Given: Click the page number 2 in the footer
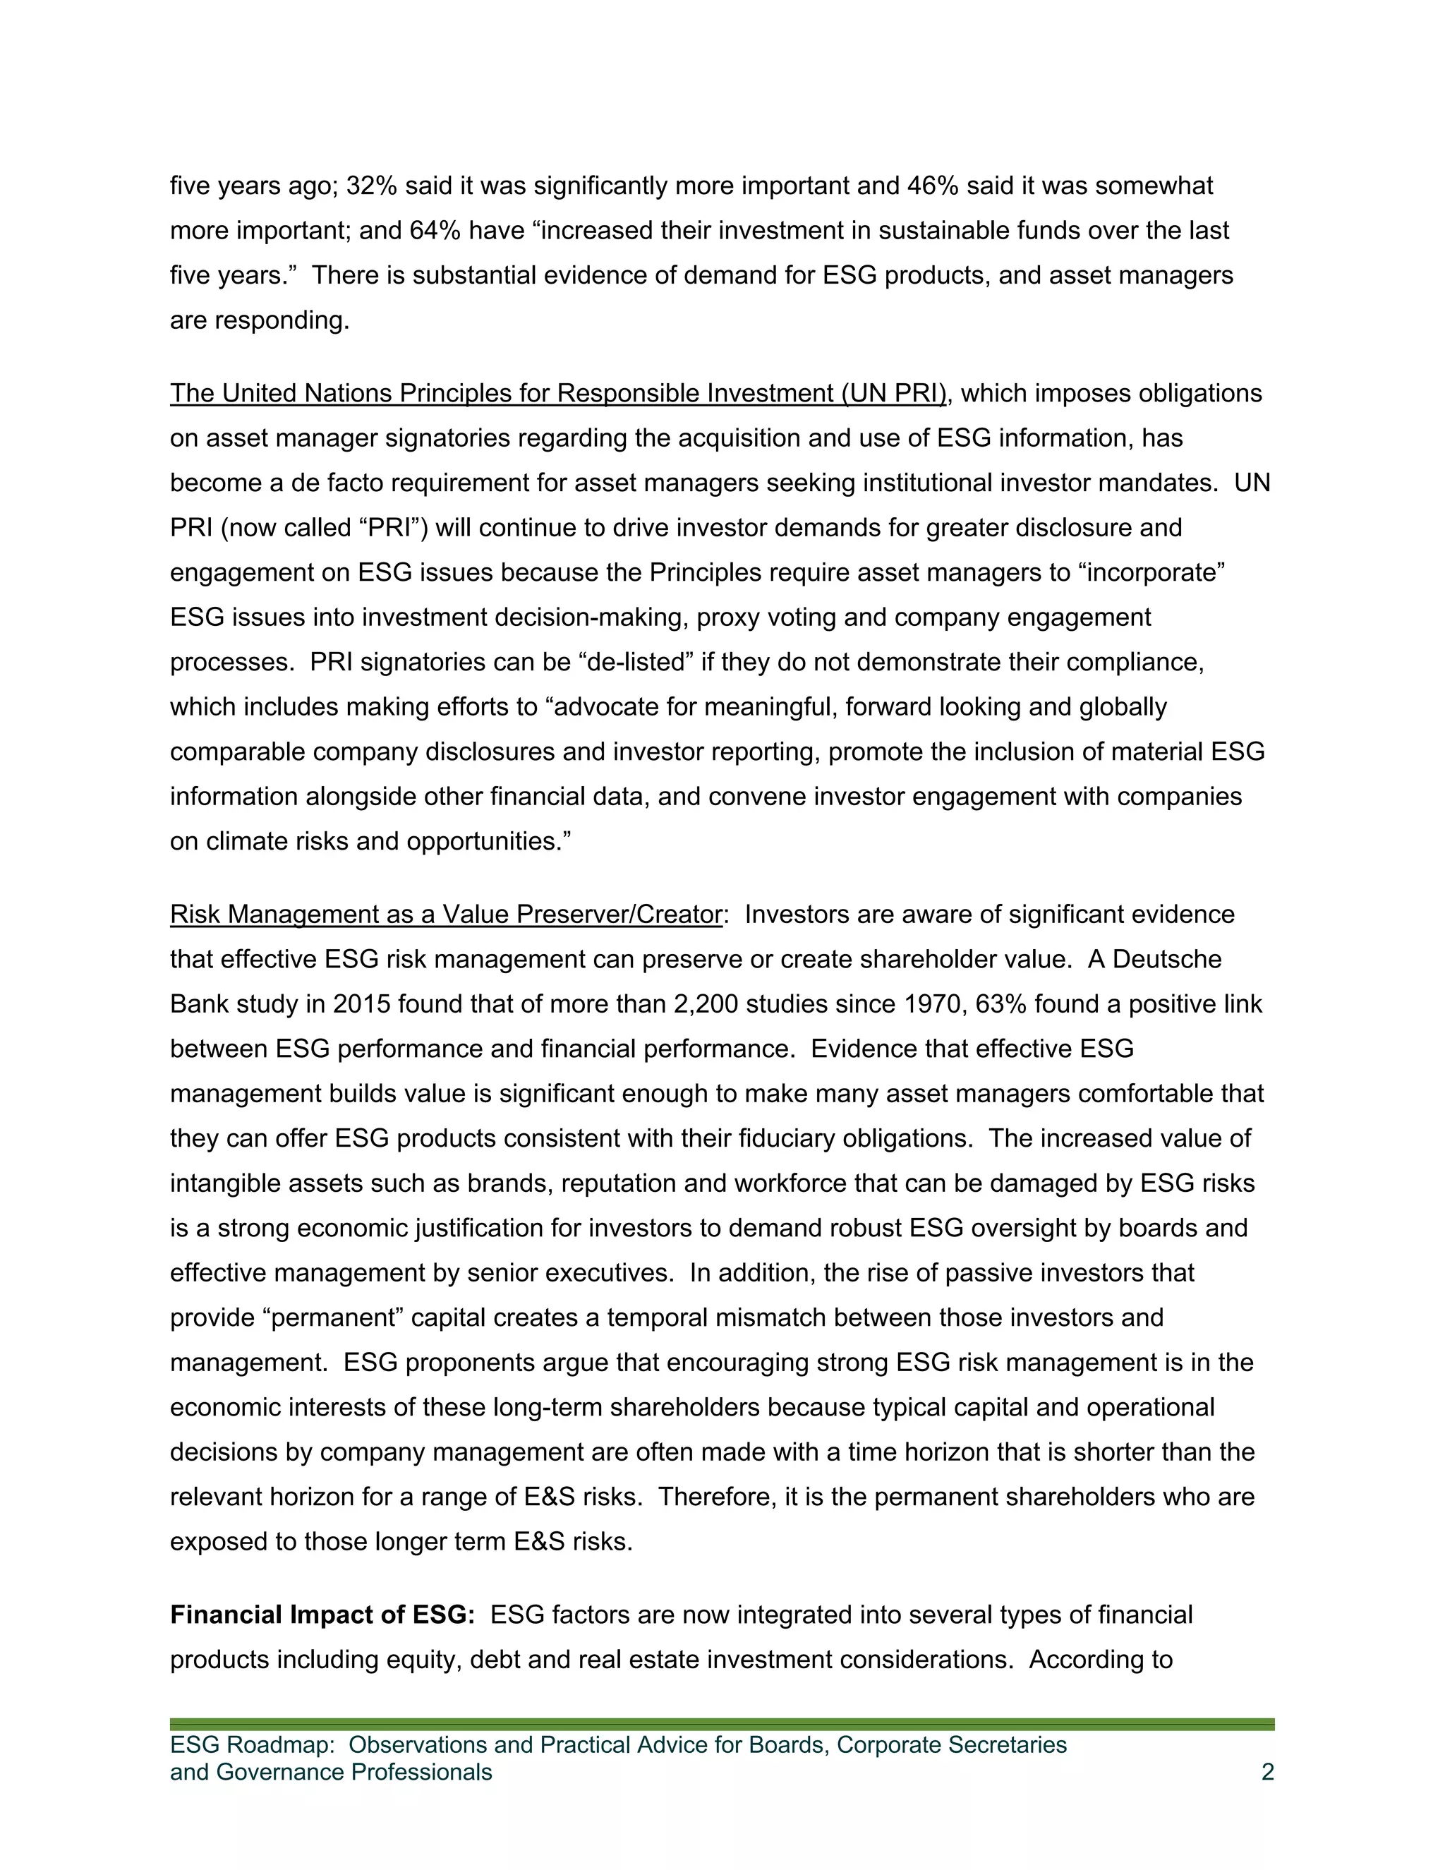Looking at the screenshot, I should (x=1267, y=1771).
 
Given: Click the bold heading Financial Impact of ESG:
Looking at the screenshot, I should (x=322, y=1615).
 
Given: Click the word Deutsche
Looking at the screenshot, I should (x=1167, y=959).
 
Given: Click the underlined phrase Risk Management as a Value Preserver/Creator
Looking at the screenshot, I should (x=446, y=915).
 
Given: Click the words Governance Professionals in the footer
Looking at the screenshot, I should (x=353, y=1771).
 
